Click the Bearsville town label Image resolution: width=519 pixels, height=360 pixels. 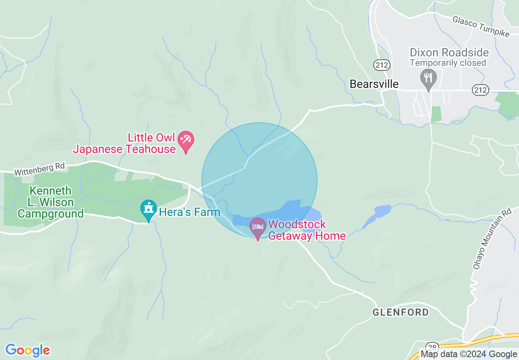pyautogui.click(x=374, y=84)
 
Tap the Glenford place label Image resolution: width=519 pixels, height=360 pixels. pyautogui.click(x=401, y=313)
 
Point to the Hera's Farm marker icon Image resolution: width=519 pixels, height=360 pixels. pyautogui.click(x=148, y=209)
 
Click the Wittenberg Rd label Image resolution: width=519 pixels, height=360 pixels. pyautogui.click(x=39, y=169)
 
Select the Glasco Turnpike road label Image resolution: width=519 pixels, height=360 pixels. pyautogui.click(x=481, y=27)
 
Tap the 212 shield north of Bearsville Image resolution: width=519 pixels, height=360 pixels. pyautogui.click(x=382, y=65)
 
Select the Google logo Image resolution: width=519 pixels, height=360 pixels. pyautogui.click(x=27, y=350)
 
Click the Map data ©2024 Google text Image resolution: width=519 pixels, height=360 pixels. pyautogui.click(x=469, y=354)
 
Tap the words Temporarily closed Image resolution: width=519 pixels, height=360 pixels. pyautogui.click(x=448, y=63)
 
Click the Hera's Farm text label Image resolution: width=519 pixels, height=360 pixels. pyautogui.click(x=190, y=212)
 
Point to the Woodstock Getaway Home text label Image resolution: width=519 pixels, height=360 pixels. pyautogui.click(x=307, y=230)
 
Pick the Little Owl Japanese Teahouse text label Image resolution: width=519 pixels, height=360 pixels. pyautogui.click(x=124, y=143)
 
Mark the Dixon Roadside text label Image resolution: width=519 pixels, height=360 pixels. pyautogui.click(x=449, y=53)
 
